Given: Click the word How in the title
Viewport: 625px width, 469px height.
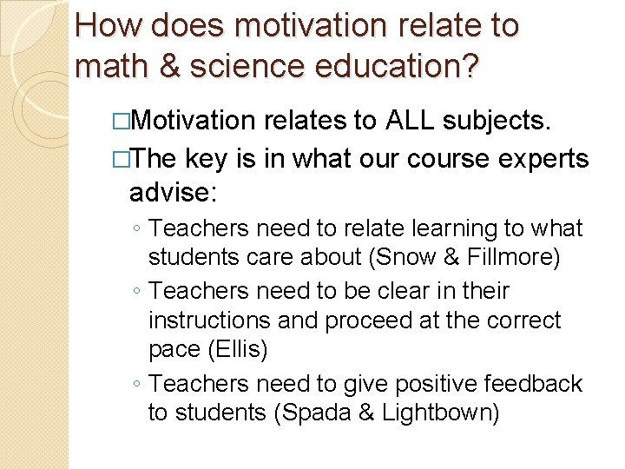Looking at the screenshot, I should tap(108, 25).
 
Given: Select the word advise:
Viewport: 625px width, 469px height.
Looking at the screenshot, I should tap(172, 190).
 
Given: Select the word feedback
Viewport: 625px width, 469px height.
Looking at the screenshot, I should tap(533, 383).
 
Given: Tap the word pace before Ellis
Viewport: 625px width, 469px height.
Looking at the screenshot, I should tap(174, 349).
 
